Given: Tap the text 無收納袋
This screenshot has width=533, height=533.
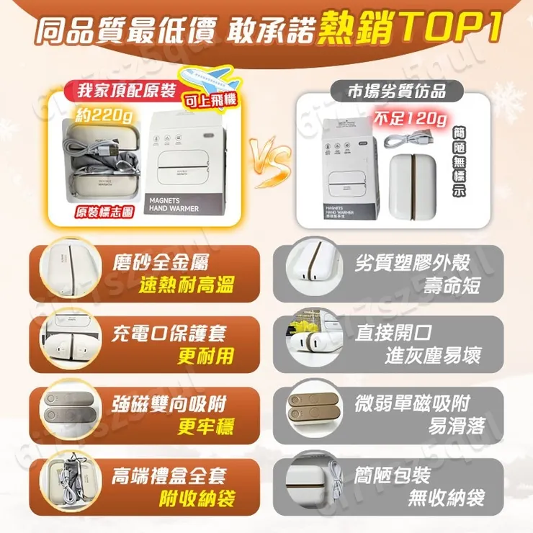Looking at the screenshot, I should click(445, 498).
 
